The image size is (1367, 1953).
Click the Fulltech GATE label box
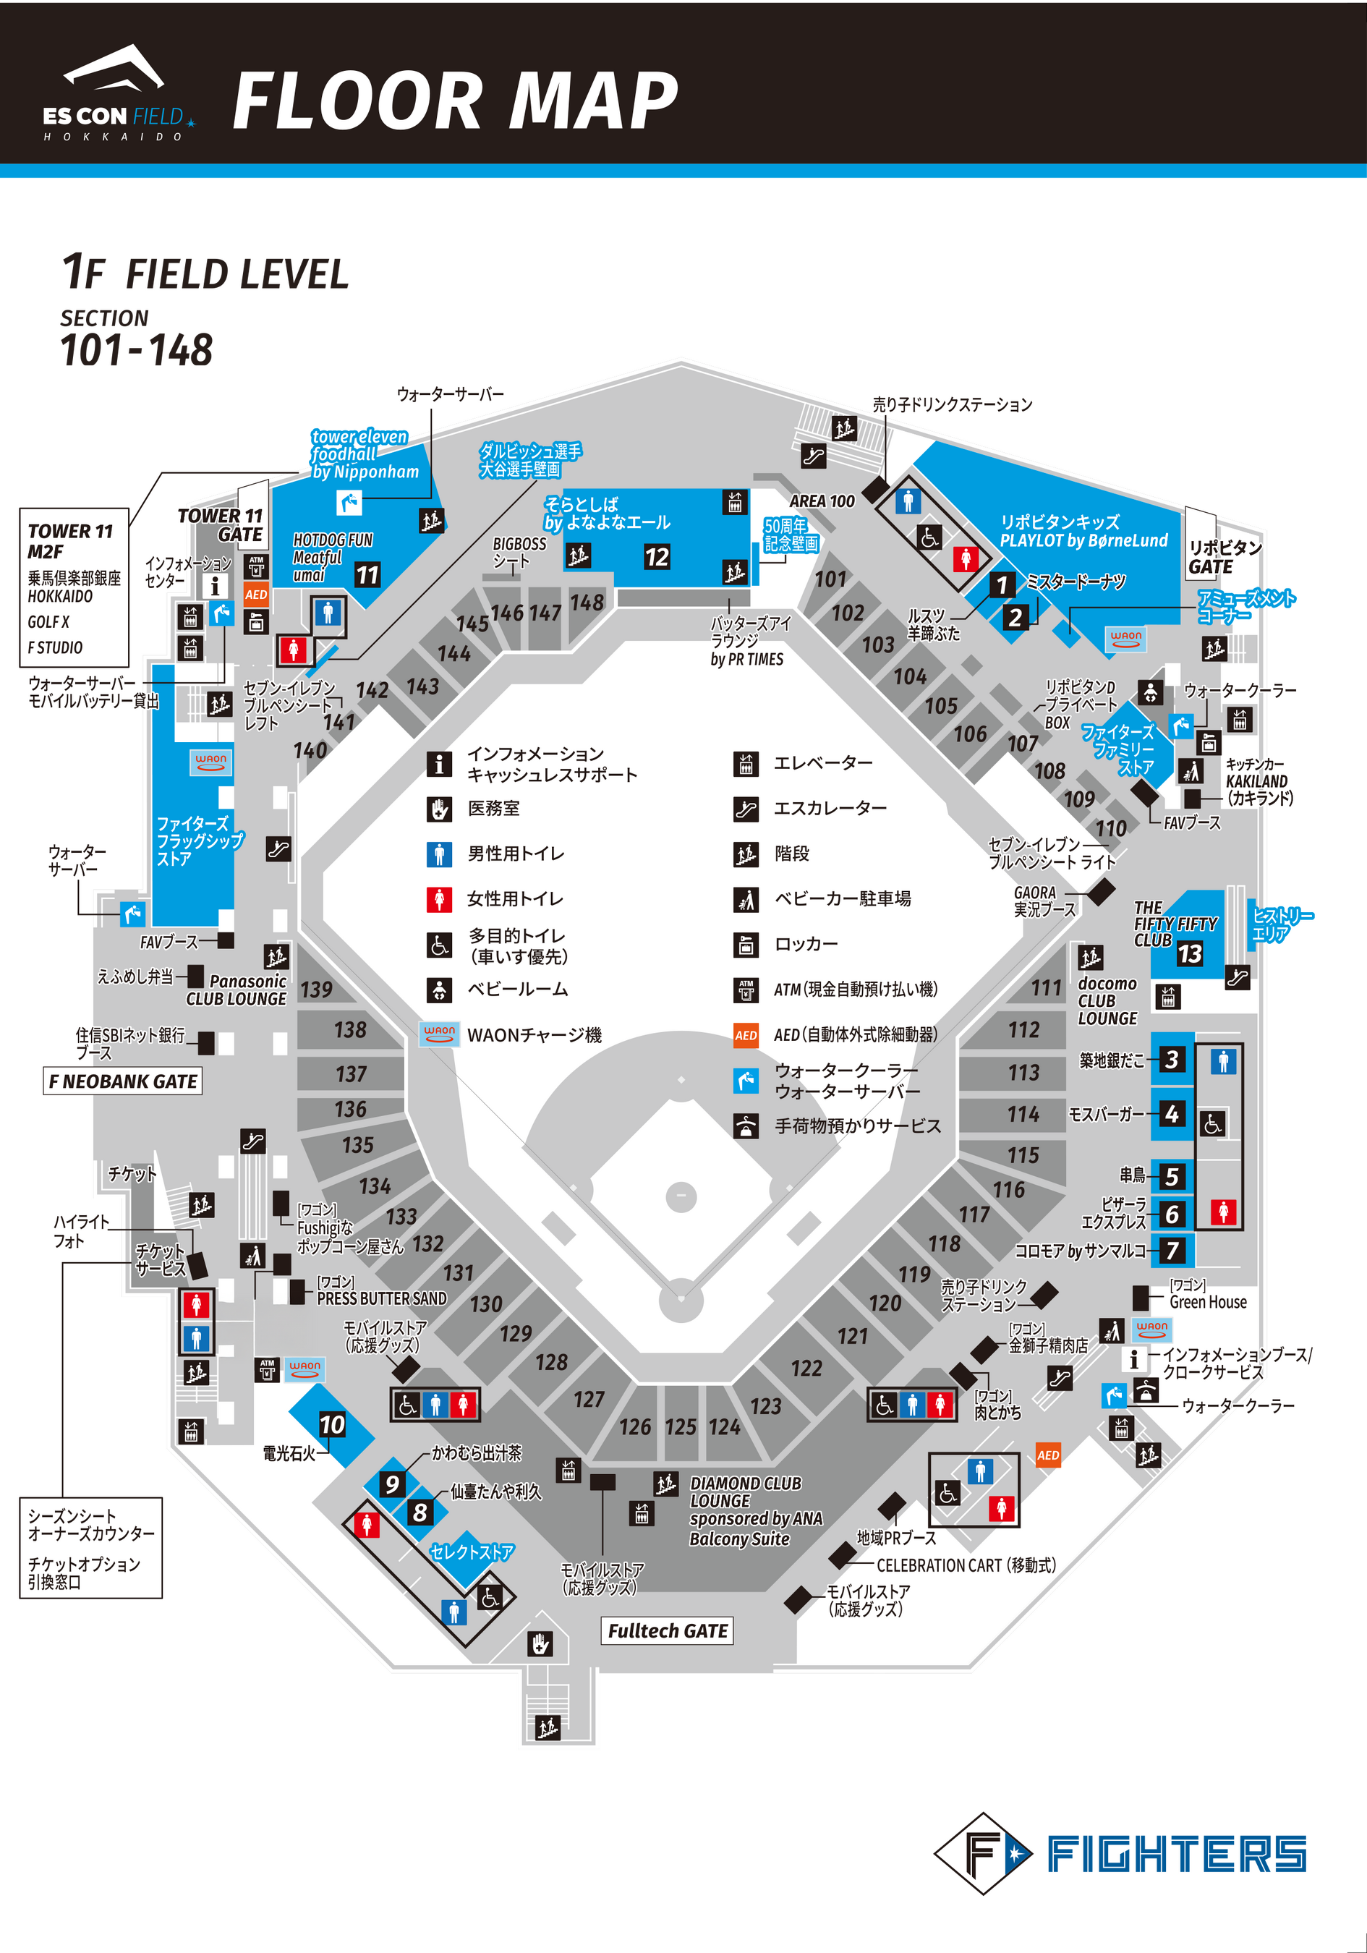tap(668, 1630)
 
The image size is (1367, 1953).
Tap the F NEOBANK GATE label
tap(124, 1081)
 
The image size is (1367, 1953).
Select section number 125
tap(681, 1426)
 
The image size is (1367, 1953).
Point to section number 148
tap(587, 603)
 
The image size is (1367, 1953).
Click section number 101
tap(830, 579)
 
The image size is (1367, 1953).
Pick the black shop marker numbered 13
tap(1189, 953)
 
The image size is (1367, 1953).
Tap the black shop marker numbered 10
tap(332, 1425)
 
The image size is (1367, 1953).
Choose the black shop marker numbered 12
tap(657, 557)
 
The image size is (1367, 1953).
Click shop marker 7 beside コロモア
tap(1172, 1251)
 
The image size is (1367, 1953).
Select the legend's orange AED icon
tap(745, 1035)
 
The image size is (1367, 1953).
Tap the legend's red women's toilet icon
tap(439, 898)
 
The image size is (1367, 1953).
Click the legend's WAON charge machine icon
tap(439, 1034)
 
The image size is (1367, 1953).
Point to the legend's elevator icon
tap(745, 764)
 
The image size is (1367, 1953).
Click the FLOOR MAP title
tap(455, 101)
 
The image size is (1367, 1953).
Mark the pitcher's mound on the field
tap(681, 1195)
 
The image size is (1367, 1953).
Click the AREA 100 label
tap(822, 501)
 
